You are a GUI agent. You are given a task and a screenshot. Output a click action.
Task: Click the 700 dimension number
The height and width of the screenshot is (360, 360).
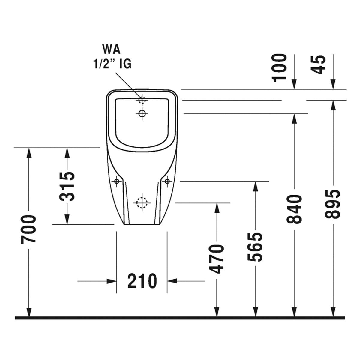click(29, 229)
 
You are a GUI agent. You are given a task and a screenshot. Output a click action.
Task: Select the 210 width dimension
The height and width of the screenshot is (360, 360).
click(142, 281)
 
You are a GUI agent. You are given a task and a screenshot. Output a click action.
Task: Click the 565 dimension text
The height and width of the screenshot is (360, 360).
click(255, 247)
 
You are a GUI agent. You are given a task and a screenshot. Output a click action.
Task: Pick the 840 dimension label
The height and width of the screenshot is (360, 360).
click(294, 209)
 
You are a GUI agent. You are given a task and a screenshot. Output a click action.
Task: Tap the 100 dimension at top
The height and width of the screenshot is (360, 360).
click(279, 67)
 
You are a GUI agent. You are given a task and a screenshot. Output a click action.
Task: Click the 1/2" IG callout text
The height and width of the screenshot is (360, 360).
click(112, 64)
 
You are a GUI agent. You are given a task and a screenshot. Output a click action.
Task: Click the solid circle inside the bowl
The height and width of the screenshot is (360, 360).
click(142, 113)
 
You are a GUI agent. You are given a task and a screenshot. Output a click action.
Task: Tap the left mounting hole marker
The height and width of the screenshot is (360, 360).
click(117, 181)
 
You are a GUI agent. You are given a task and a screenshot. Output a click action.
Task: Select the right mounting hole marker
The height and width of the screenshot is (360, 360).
click(167, 181)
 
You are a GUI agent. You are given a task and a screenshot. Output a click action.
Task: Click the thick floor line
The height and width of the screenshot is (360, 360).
click(180, 318)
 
